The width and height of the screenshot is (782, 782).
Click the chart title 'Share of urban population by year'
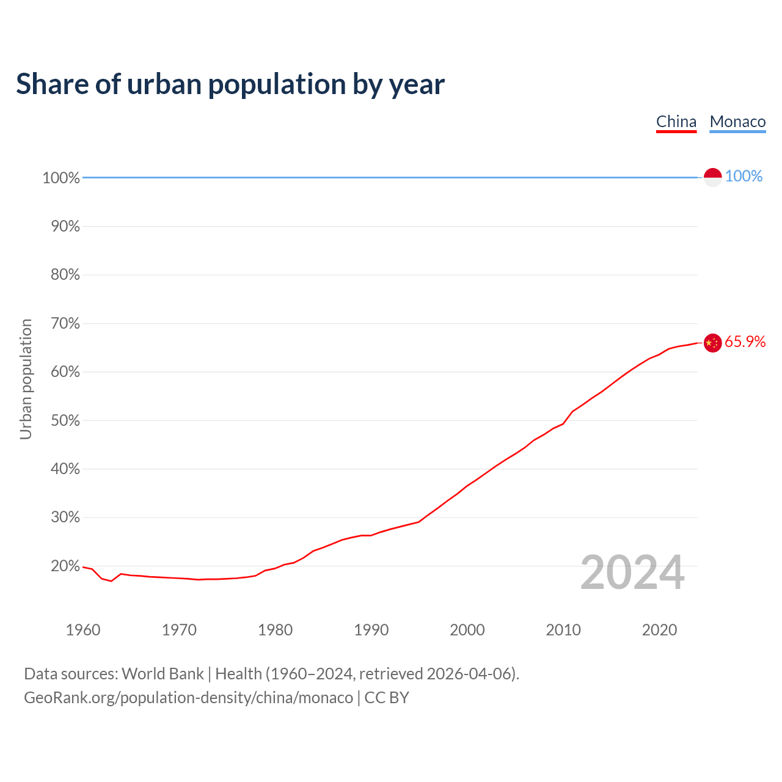click(230, 84)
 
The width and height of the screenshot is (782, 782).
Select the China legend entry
click(676, 122)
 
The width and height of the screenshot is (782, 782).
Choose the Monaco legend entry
click(737, 122)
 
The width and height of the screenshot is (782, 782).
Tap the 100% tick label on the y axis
click(61, 178)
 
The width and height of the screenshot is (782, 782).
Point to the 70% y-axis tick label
click(65, 323)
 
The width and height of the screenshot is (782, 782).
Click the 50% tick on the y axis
click(65, 420)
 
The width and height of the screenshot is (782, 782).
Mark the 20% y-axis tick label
click(65, 566)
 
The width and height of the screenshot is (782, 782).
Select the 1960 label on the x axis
click(83, 630)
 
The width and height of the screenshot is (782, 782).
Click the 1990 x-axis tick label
click(371, 630)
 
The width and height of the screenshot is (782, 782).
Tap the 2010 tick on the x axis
click(563, 630)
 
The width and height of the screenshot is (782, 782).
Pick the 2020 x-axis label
click(659, 630)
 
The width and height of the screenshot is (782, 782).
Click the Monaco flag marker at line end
click(713, 177)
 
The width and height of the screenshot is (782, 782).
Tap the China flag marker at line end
click(713, 343)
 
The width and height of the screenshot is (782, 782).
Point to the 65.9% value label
click(745, 342)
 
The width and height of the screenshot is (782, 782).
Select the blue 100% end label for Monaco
click(744, 177)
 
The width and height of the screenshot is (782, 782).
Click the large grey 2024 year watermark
click(632, 572)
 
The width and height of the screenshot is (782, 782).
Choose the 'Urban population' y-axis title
click(26, 379)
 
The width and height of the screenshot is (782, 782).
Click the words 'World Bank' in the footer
click(163, 674)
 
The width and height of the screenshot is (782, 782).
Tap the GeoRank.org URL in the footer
click(188, 698)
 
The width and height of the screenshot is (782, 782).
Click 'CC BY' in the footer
click(387, 698)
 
